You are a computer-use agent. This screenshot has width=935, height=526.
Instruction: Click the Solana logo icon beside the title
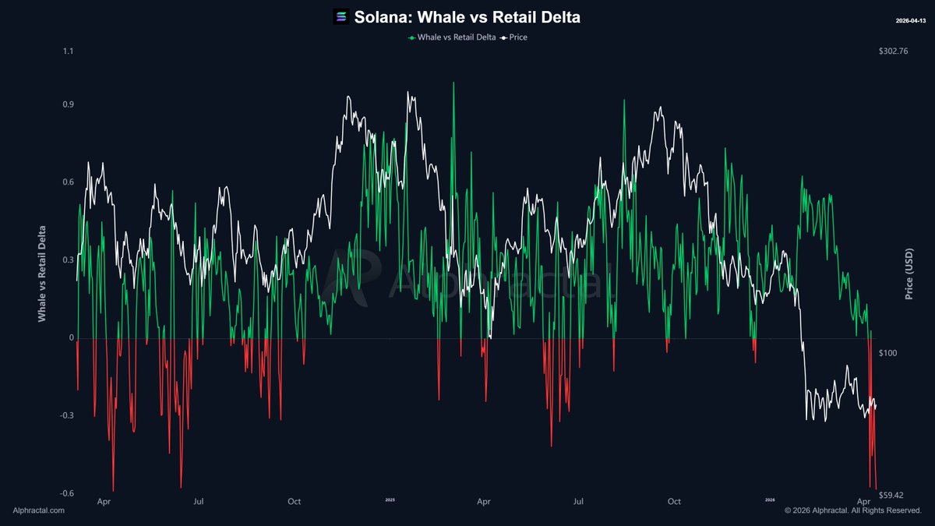click(x=341, y=16)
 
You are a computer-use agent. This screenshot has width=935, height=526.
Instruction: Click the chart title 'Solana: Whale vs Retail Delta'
click(x=467, y=16)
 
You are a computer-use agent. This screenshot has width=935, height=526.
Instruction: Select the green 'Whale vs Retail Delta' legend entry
click(x=451, y=37)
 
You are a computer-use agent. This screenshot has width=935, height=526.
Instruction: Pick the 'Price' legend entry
click(x=514, y=37)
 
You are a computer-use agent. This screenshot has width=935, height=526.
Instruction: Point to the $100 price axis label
click(x=888, y=353)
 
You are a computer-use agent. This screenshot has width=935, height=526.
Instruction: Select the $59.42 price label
click(x=891, y=494)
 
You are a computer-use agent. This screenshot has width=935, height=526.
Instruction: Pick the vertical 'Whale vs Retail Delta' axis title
click(x=42, y=273)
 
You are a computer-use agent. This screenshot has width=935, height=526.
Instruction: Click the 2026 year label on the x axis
click(x=769, y=500)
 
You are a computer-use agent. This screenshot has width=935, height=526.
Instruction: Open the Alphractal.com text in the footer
click(x=39, y=510)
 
